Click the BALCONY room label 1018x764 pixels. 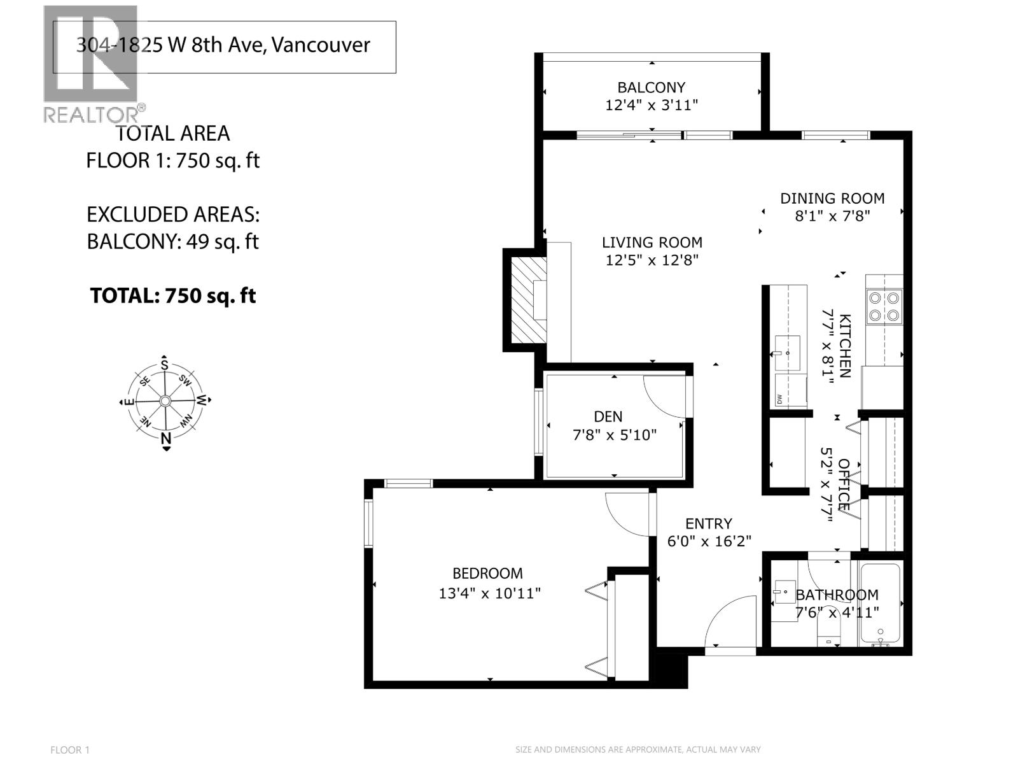click(651, 87)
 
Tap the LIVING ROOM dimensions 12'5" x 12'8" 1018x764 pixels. click(652, 260)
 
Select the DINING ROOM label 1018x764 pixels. click(832, 198)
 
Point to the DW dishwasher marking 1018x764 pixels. click(779, 399)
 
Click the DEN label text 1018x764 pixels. click(608, 416)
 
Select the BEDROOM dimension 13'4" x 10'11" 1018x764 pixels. click(489, 593)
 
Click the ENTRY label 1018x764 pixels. click(708, 523)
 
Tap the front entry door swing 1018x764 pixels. click(729, 621)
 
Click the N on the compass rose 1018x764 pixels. click(166, 438)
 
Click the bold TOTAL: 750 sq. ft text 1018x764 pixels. click(173, 295)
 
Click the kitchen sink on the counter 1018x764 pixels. click(787, 352)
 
